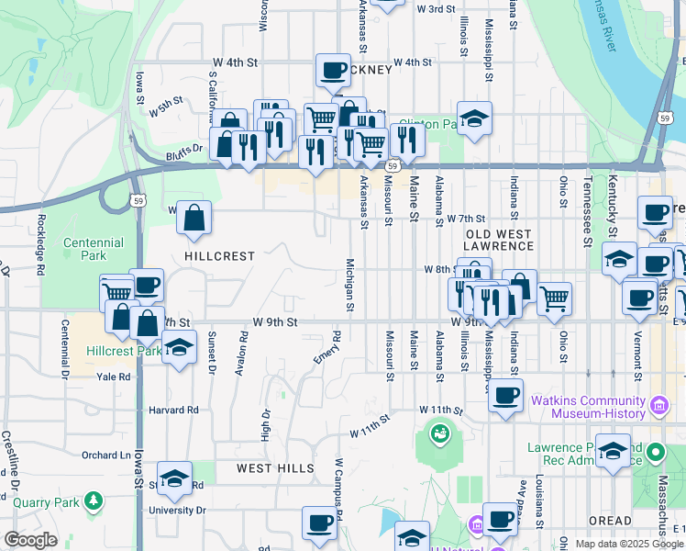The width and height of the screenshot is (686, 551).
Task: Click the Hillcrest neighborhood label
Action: [219, 256]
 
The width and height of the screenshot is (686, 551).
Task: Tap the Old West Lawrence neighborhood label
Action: [498, 241]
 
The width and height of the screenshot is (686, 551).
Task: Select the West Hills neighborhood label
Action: [275, 468]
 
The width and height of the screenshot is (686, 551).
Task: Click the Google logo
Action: [30, 540]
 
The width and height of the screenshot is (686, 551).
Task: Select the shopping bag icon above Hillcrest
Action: [194, 219]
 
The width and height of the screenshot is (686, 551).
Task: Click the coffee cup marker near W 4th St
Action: [333, 70]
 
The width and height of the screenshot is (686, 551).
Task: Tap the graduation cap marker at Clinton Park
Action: [474, 118]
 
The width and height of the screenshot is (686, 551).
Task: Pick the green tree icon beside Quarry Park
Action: [92, 500]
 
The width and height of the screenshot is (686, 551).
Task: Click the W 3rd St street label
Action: [436, 9]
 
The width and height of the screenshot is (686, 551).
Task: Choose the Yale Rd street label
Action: [113, 377]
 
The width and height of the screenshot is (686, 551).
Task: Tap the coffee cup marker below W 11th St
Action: [505, 396]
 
